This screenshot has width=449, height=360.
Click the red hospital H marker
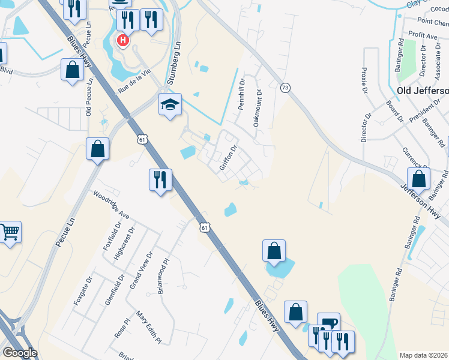(123, 41)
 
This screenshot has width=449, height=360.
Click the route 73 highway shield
(285, 88)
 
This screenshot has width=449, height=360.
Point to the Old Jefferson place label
(423, 90)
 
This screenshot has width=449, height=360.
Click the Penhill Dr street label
(242, 95)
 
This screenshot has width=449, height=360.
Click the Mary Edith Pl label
(149, 327)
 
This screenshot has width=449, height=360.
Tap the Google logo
(20, 353)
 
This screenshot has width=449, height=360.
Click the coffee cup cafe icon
(328, 322)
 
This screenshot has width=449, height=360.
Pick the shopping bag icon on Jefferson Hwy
(418, 178)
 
